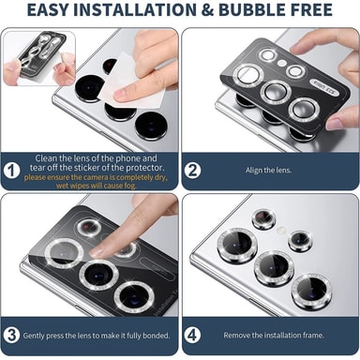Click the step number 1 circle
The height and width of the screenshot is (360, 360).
coord(12,171)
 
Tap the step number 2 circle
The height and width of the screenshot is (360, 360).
coord(192,171)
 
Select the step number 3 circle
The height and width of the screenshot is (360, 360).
coord(12,336)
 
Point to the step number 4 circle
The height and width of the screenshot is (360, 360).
coord(192,336)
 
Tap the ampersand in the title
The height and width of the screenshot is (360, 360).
coord(206,10)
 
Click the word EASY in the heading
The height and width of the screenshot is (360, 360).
coord(48,10)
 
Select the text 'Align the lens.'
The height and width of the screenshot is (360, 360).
coord(268,171)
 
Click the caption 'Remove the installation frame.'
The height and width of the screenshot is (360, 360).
coord(274,336)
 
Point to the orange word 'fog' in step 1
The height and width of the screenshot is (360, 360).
coord(130,186)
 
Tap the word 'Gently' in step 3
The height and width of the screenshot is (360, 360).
coord(34,336)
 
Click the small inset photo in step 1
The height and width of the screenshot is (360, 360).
coord(39,58)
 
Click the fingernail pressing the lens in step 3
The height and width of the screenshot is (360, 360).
coord(97,250)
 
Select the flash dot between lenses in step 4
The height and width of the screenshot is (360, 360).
coord(281,231)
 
